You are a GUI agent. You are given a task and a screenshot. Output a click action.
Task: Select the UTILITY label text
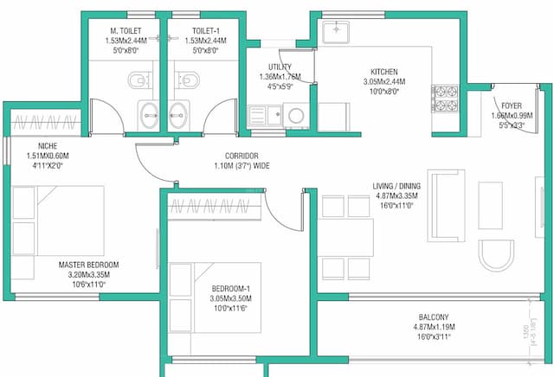click(x=280, y=67)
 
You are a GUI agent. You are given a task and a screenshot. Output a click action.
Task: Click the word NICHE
click(x=47, y=145)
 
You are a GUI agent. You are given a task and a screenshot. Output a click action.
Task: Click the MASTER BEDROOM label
click(x=89, y=264)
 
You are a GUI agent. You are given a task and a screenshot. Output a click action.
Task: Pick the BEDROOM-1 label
click(x=230, y=289)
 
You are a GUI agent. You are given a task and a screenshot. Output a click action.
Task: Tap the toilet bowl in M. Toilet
click(x=138, y=81)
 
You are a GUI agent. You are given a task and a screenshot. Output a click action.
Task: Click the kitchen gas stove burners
click(x=445, y=99)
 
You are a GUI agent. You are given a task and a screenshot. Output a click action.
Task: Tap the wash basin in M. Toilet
click(x=147, y=112)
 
